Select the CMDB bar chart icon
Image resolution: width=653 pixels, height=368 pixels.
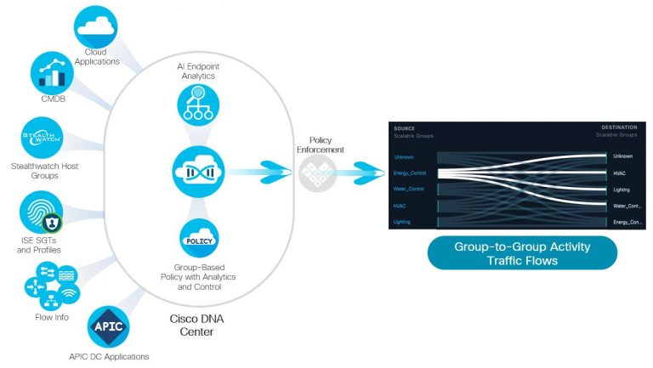pos(55,76)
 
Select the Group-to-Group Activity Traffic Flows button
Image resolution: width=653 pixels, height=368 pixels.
pos(521,253)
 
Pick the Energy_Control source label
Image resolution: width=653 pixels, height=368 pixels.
pos(410,173)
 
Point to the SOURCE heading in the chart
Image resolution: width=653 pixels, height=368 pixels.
pos(405,128)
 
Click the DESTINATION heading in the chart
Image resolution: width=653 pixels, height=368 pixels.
pos(618,128)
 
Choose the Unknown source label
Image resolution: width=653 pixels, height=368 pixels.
pos(404,156)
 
